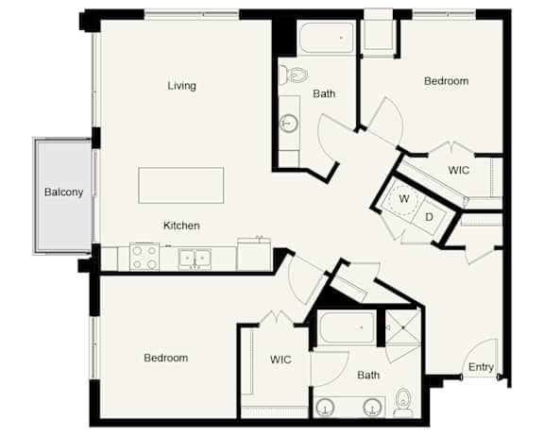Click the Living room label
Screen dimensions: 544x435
coord(181,86)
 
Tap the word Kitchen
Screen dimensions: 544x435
coord(181,226)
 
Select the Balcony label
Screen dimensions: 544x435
coord(64,192)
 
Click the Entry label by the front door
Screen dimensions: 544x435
coord(481,367)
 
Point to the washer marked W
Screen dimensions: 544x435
coord(402,198)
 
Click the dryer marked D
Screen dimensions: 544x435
coord(430,217)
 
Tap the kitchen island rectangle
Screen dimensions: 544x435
coord(181,186)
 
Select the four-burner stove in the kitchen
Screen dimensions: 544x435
coord(144,257)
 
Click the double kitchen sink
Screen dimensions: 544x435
coord(195,259)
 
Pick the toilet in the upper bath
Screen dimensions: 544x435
coord(294,75)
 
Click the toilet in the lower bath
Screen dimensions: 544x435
coord(403,403)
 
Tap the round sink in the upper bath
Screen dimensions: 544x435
coord(289,123)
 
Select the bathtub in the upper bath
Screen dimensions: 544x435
coord(326,38)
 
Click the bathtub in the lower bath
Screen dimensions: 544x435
coord(347,327)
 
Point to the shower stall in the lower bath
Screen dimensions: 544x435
coord(402,327)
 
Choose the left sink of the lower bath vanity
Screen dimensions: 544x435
coord(325,407)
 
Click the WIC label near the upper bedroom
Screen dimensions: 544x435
coord(458,170)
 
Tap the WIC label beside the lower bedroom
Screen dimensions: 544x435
coord(280,360)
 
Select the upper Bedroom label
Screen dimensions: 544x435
coord(446,81)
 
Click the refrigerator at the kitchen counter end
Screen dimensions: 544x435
coord(254,254)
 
